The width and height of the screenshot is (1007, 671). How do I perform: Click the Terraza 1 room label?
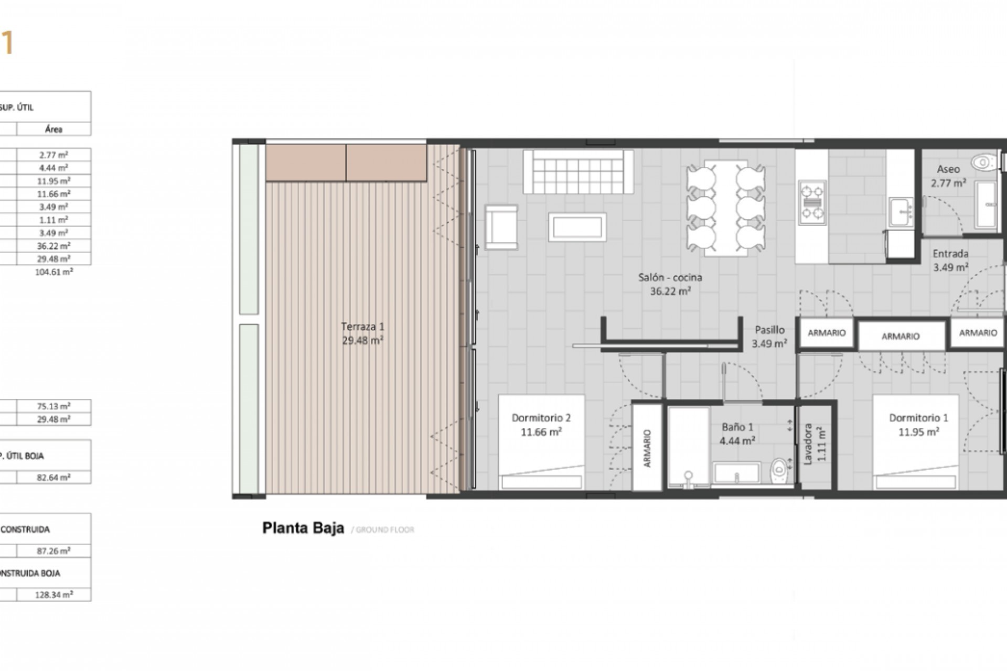pos(362,327)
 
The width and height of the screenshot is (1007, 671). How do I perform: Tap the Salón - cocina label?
pos(670,277)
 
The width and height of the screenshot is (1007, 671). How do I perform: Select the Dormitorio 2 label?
pos(541,418)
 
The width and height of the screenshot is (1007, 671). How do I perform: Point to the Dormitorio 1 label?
pos(918,418)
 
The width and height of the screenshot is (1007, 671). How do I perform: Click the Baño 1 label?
pos(737,427)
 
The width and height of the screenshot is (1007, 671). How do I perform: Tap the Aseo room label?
pos(948,169)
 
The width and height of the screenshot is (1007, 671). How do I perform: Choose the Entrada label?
pos(950,254)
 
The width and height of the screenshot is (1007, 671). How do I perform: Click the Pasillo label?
pos(769,330)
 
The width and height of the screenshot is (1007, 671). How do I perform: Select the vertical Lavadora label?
pos(808,445)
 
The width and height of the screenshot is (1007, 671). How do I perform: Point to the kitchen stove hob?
pos(811,202)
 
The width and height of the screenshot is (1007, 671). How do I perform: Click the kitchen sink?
pos(901,212)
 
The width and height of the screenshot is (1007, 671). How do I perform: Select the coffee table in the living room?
pos(577,227)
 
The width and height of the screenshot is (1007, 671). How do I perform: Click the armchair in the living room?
pos(501,227)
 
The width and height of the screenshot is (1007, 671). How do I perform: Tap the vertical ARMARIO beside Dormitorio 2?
pos(647,448)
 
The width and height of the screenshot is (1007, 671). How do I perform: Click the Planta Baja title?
pos(303,528)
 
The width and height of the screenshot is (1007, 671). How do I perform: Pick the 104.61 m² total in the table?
pos(53,272)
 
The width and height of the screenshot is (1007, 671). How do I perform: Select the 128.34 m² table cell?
pos(54,594)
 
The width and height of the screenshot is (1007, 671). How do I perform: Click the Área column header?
pos(53,129)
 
